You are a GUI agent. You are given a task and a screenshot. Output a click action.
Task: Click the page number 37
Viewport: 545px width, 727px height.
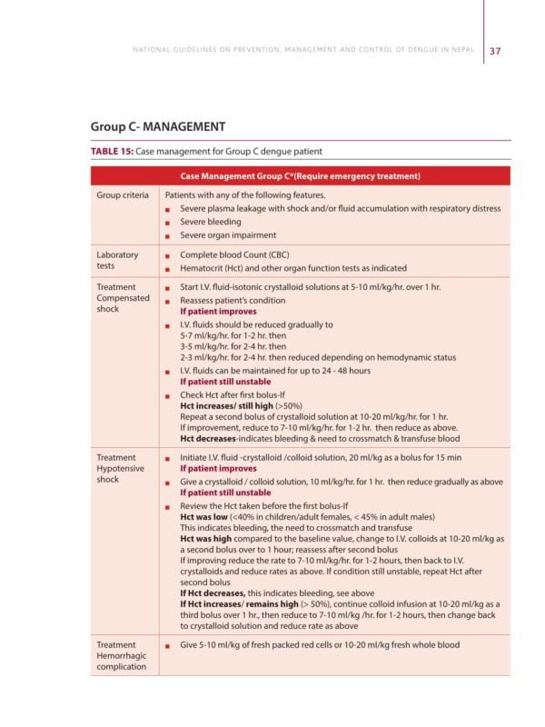click(495, 51)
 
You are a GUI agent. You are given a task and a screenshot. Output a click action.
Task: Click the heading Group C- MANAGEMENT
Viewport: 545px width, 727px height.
click(157, 126)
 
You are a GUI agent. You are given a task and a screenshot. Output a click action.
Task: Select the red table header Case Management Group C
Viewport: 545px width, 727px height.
click(300, 175)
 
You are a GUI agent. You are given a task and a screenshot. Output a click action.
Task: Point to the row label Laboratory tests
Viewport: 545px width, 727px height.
click(117, 261)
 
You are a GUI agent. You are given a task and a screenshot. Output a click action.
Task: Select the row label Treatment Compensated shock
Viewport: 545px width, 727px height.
click(121, 297)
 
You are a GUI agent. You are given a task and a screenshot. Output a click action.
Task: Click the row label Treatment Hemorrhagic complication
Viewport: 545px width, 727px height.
click(121, 655)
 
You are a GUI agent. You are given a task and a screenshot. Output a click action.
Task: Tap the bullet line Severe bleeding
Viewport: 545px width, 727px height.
click(210, 222)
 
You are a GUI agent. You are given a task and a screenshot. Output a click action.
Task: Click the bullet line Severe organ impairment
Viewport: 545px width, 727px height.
click(227, 235)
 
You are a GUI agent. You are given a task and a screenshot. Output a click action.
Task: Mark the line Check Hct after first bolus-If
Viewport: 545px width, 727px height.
click(233, 393)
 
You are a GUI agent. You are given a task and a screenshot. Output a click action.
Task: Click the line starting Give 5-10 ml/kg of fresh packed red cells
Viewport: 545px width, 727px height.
click(319, 645)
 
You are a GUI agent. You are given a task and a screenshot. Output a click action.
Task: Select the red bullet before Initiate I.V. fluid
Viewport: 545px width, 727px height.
click(168, 458)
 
